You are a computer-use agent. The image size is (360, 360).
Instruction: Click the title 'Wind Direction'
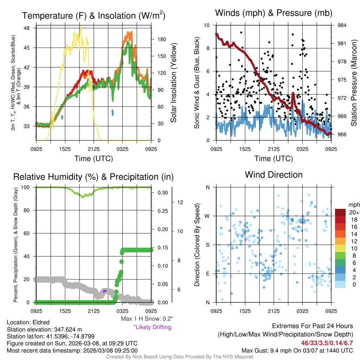point(274,175)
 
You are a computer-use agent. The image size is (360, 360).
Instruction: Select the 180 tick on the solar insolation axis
point(157,39)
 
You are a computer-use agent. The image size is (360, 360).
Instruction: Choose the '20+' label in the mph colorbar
point(354,212)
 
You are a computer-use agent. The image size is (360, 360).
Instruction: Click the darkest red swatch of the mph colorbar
point(341,212)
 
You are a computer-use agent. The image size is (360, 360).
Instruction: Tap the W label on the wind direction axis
point(207,216)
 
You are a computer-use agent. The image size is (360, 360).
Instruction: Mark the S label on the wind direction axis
point(208,245)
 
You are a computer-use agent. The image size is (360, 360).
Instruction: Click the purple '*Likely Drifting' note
point(152,327)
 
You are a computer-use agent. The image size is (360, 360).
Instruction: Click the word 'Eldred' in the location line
point(41,322)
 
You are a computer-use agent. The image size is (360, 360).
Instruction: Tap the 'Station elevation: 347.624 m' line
point(44,329)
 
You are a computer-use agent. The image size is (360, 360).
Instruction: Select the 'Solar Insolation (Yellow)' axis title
point(173,83)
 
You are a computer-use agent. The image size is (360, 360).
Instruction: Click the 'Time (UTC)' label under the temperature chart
point(94,159)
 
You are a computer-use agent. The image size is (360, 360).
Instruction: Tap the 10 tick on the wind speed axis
point(207,25)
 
